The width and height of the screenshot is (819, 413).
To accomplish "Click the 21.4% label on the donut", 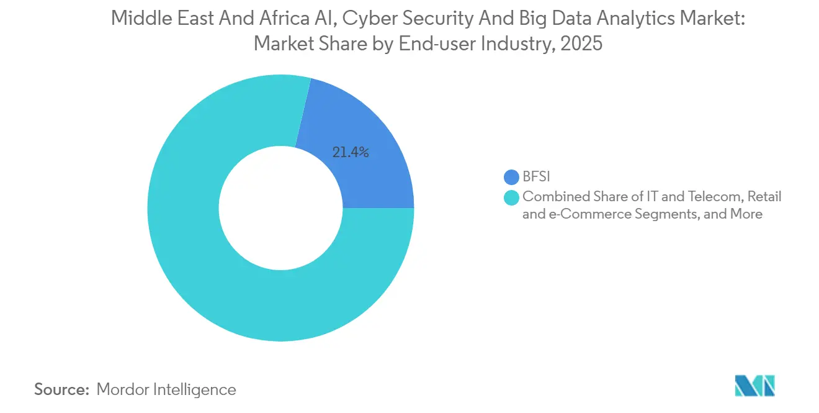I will pos(351,152).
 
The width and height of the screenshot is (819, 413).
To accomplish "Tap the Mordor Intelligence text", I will pos(166,389).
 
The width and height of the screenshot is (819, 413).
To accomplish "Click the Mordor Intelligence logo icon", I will pos(754,386).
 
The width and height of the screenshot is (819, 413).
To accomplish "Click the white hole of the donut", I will pos(280,208).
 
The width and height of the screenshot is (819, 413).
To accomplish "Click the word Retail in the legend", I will pos(764,197).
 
